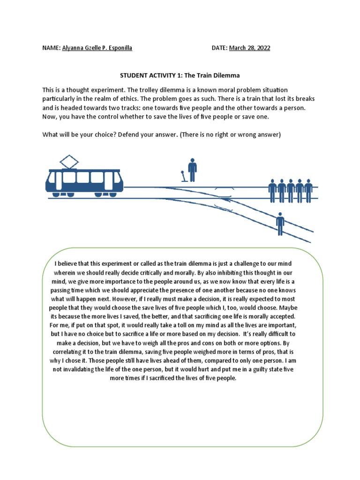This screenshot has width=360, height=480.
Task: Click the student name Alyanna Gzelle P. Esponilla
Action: (x=97, y=48)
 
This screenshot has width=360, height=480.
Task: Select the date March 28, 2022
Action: (x=249, y=48)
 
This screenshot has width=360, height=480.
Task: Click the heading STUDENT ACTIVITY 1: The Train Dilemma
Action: (x=180, y=75)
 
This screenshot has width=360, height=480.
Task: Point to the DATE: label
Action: (x=219, y=48)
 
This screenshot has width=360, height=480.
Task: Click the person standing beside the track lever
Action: (x=192, y=169)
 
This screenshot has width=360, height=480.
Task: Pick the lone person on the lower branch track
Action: (x=280, y=224)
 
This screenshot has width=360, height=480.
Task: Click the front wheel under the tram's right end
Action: (x=99, y=194)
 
